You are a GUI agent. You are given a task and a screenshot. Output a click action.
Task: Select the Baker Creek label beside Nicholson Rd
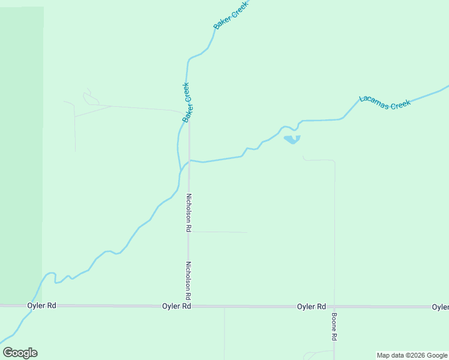pyautogui.click(x=187, y=103)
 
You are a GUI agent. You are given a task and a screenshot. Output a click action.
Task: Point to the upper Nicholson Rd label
pyautogui.click(x=188, y=212)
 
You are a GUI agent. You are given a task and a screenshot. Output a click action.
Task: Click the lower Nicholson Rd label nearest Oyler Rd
pyautogui.click(x=188, y=280)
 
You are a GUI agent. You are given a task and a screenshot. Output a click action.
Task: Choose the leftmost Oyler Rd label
pyautogui.click(x=41, y=305)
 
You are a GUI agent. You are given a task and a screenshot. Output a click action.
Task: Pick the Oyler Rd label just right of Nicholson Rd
pyautogui.click(x=176, y=306)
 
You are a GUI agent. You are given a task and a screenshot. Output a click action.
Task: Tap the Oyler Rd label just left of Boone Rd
pyautogui.click(x=312, y=306)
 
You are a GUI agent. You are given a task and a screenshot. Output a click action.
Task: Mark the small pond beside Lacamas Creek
pyautogui.click(x=292, y=140)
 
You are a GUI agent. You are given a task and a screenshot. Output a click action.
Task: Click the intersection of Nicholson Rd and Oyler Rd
pyautogui.click(x=189, y=306)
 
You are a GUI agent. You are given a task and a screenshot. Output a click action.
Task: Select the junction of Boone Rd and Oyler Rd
pyautogui.click(x=334, y=307)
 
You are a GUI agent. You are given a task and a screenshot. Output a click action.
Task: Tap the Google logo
pyautogui.click(x=20, y=353)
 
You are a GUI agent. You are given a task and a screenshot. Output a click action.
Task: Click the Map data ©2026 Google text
pyautogui.click(x=412, y=355)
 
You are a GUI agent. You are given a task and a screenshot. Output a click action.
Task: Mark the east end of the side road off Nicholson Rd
pyautogui.click(x=247, y=232)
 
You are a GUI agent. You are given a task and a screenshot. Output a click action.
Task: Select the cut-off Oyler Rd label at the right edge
pyautogui.click(x=441, y=307)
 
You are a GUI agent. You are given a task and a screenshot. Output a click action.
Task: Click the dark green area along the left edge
pyautogui.click(x=21, y=150)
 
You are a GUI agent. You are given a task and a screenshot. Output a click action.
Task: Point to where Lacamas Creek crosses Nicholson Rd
pyautogui.click(x=190, y=161)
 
